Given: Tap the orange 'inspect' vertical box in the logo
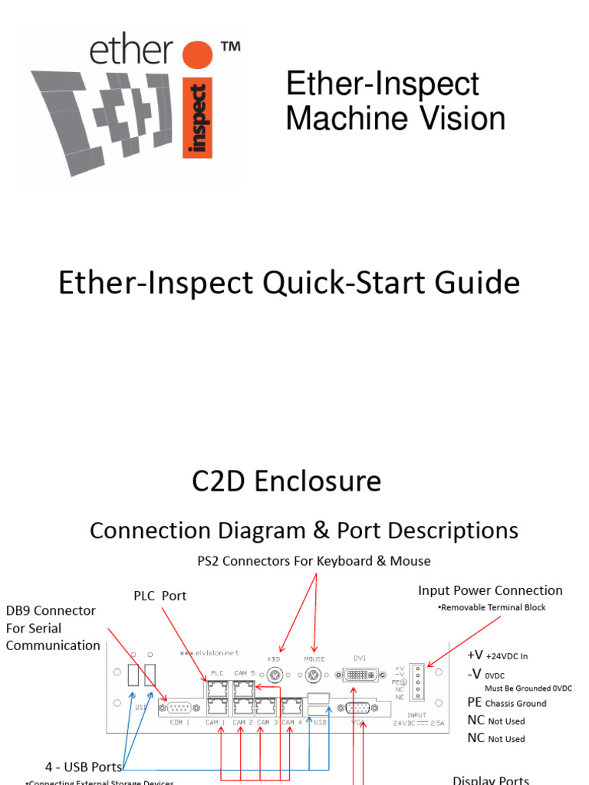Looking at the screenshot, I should click(198, 119).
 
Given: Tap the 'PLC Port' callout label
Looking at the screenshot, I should click(160, 596).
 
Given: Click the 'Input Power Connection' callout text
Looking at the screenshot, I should click(490, 590).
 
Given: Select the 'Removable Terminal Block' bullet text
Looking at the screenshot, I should click(492, 607).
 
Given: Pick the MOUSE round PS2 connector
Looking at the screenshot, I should click(314, 675).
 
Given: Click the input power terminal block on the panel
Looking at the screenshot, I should click(417, 681).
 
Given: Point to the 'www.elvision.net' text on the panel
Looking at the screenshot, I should click(209, 653).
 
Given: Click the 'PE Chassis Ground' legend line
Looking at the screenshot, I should click(507, 703).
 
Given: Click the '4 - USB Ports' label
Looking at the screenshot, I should click(84, 767).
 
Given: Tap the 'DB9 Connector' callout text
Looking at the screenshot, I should click(51, 611).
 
